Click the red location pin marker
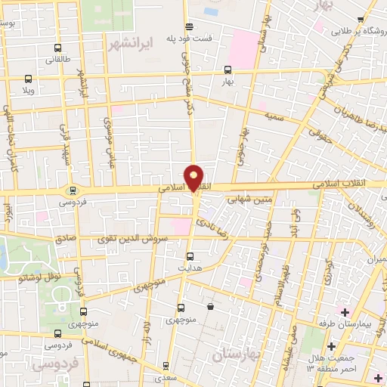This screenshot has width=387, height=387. pyautogui.click(x=194, y=178)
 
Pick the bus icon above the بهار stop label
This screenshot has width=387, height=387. pyautogui.click(x=228, y=69)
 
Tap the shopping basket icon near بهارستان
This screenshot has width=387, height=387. pyautogui.click(x=209, y=306)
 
